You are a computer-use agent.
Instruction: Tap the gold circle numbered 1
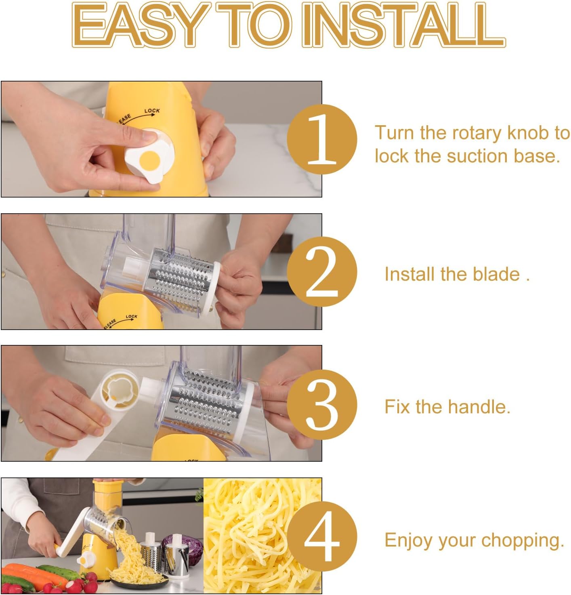tap(322, 139)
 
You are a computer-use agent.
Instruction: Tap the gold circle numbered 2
tap(322, 271)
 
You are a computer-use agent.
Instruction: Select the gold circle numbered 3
tap(322, 404)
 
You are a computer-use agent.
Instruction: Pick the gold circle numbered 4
tap(322, 536)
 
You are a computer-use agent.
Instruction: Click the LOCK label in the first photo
tap(152, 110)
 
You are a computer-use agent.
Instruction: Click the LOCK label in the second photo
tap(131, 316)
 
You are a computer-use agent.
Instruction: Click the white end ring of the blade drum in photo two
tap(214, 288)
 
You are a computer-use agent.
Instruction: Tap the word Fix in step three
tap(397, 407)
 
